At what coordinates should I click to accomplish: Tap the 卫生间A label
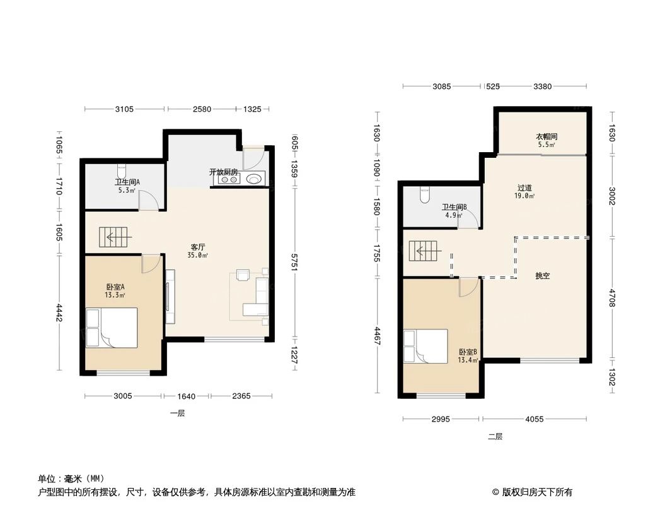127,182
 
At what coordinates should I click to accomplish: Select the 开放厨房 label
223,172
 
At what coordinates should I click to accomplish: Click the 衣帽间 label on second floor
547,136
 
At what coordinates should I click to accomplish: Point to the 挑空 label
543,276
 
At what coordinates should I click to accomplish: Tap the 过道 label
525,187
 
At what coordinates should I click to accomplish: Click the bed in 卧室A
112,328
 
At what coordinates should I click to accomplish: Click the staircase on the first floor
114,238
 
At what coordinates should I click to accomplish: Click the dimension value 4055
535,419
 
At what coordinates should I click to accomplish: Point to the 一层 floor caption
177,413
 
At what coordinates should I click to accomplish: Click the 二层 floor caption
495,436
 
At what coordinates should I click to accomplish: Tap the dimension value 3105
125,109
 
